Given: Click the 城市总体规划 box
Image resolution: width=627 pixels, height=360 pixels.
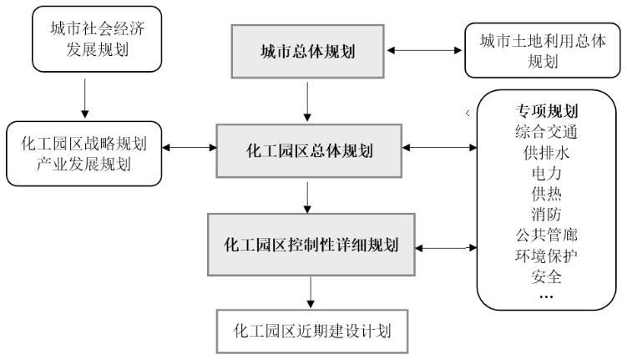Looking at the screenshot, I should point(308,51).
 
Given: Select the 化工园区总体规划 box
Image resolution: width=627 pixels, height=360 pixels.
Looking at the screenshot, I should point(309,150).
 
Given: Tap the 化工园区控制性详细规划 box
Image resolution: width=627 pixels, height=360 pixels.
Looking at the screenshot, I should point(311,246).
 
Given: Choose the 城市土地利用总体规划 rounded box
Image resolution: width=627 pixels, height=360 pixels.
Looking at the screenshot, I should point(544,51).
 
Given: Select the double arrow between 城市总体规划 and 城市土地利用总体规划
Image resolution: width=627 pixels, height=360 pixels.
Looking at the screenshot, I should point(426,51).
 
